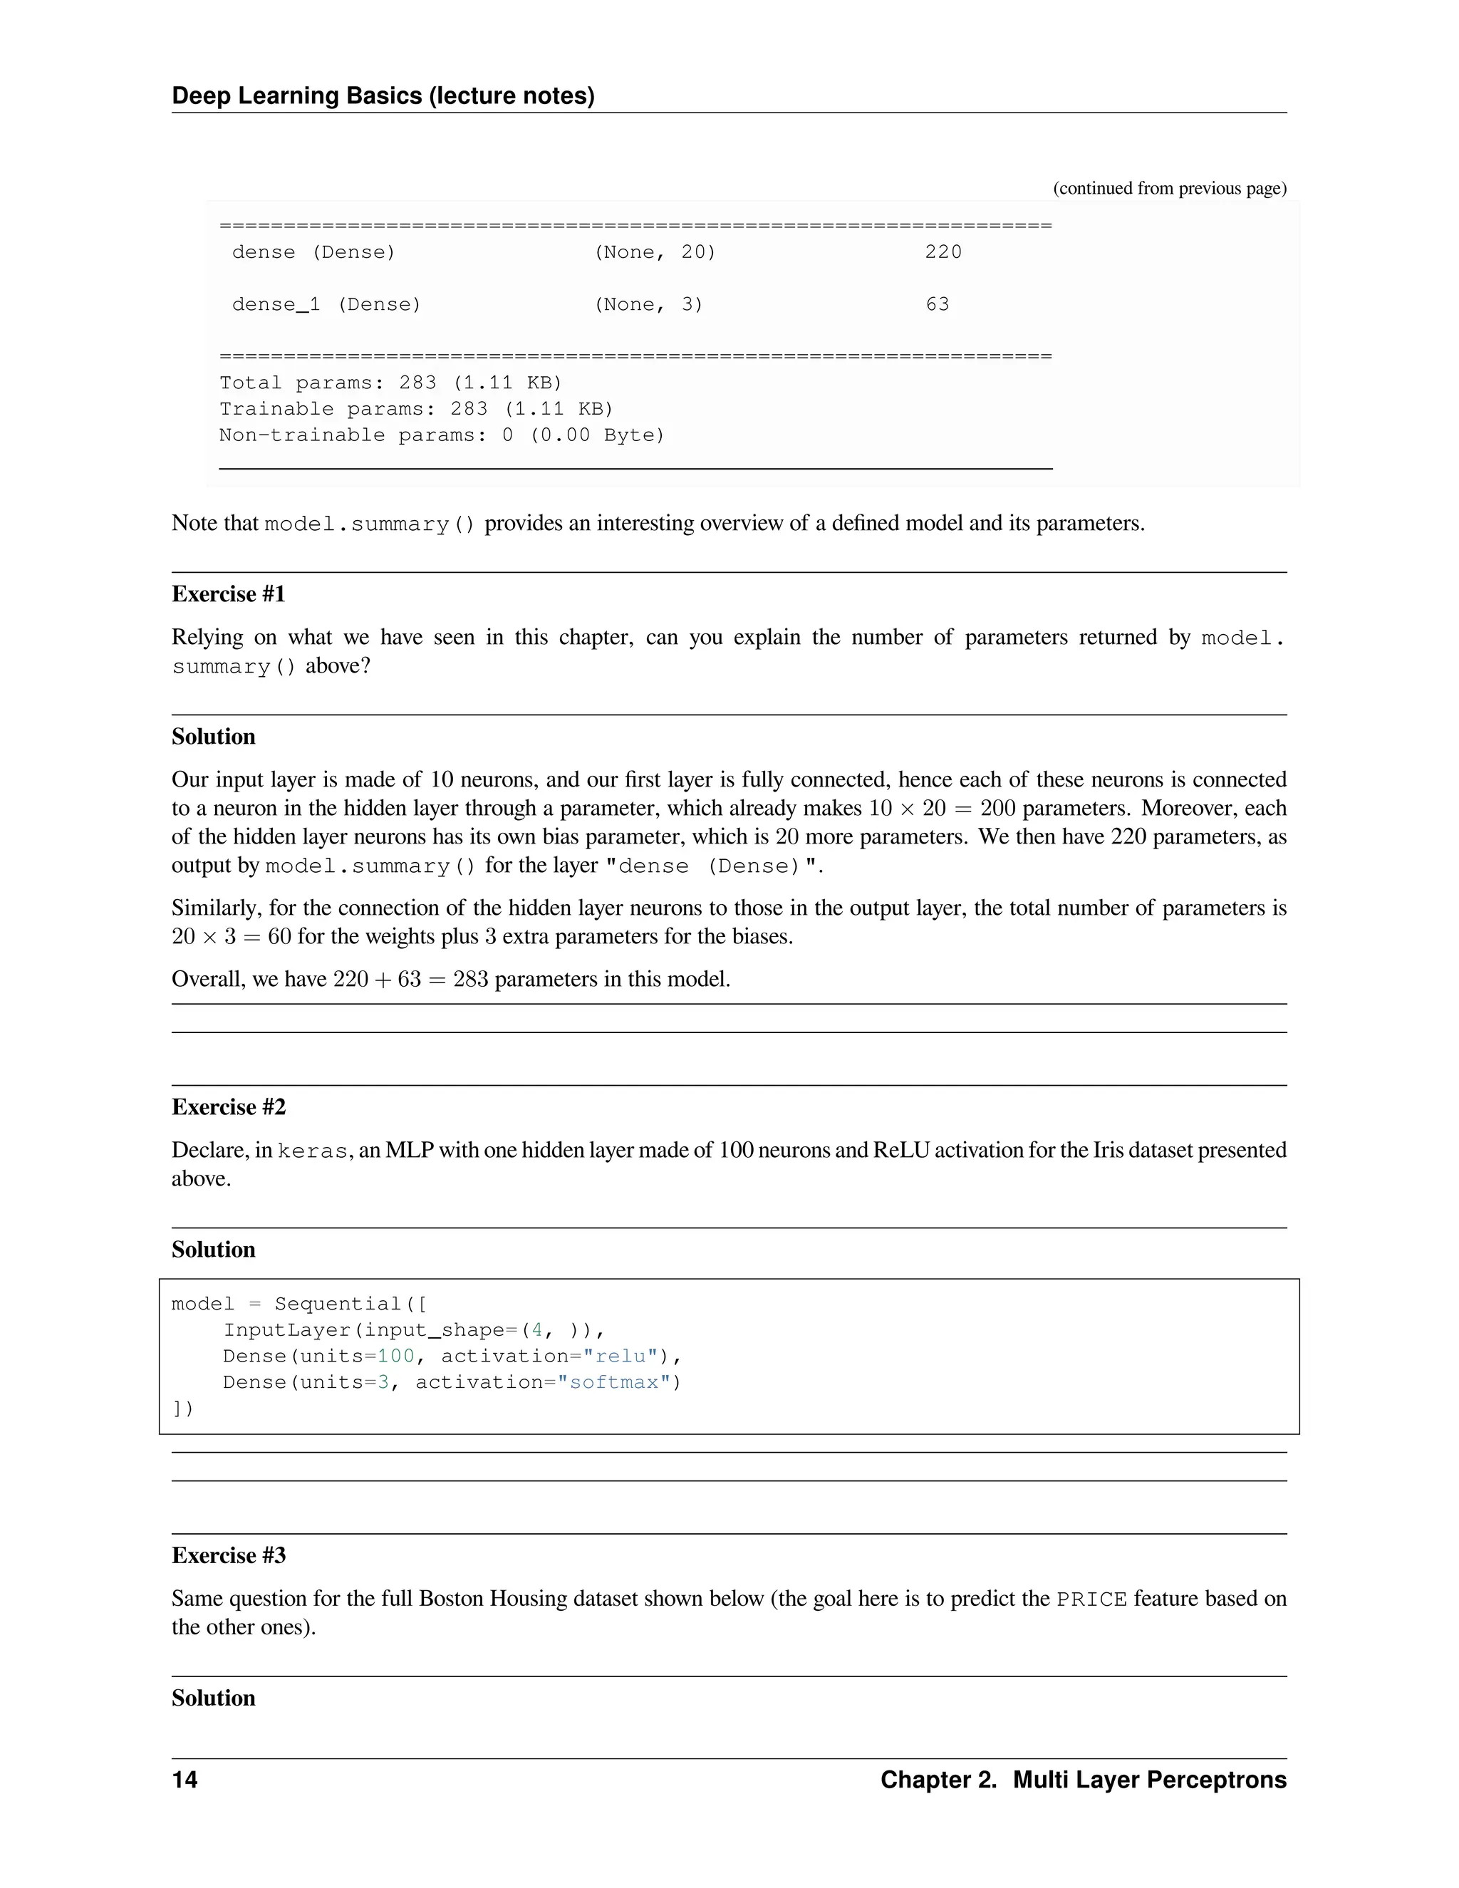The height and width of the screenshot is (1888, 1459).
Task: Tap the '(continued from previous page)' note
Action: [x=1168, y=189]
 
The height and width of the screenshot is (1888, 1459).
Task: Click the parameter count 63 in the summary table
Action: [x=937, y=304]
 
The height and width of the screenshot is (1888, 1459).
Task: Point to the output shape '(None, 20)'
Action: [x=654, y=252]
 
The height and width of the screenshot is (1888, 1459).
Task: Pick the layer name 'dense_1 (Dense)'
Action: [x=326, y=304]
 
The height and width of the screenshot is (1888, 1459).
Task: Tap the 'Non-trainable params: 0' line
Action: [x=441, y=435]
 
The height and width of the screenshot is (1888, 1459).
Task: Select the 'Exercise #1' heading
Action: [x=228, y=594]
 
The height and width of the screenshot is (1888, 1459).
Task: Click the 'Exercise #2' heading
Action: [x=228, y=1106]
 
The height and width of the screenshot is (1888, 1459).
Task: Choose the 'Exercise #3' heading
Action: [x=228, y=1555]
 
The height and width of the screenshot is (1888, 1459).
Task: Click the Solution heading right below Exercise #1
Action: [x=214, y=737]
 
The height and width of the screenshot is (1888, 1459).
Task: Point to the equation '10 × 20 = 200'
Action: [x=942, y=809]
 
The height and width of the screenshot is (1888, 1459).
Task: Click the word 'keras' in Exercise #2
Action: [x=312, y=1151]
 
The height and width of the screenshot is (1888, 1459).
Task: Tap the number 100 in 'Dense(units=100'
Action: [x=396, y=1357]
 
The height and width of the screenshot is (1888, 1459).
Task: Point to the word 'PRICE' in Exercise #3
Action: [x=1091, y=1600]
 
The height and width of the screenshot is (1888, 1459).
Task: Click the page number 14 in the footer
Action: [x=185, y=1780]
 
